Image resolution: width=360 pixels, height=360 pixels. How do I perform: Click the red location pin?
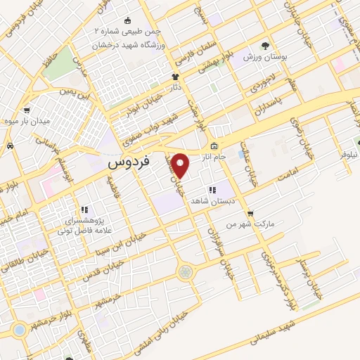[x=181, y=165]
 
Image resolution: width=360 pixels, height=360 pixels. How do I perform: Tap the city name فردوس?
[x=131, y=162]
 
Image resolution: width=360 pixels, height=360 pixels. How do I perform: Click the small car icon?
[x=11, y=146]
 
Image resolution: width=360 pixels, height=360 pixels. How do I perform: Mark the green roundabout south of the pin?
[x=185, y=271]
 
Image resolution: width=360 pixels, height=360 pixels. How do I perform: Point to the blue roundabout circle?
[x=19, y=329]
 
